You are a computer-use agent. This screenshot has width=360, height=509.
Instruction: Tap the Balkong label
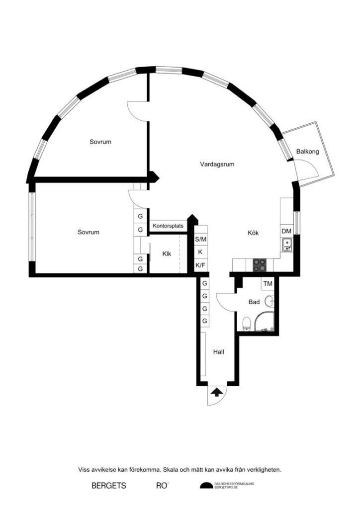click(307, 152)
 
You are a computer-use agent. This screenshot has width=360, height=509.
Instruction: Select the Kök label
click(254, 233)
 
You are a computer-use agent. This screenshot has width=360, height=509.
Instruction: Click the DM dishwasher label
click(286, 232)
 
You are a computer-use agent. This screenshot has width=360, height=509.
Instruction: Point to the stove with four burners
click(260, 264)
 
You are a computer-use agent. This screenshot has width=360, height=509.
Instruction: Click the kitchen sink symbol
click(286, 244)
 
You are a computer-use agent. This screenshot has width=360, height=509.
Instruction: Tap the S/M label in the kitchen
click(200, 239)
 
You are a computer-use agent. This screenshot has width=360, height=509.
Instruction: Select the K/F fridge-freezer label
click(200, 265)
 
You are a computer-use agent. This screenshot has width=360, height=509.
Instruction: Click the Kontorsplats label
click(168, 226)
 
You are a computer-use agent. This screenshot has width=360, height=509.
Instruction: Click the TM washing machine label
click(268, 284)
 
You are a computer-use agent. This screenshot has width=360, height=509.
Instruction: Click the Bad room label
click(254, 302)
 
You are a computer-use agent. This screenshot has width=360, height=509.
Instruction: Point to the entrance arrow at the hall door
click(216, 392)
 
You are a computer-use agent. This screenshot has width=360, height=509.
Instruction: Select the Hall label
click(218, 351)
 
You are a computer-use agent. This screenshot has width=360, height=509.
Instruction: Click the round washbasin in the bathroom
click(270, 301)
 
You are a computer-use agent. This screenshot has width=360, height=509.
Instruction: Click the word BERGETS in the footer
click(109, 485)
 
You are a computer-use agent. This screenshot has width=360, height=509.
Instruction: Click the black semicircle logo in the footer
click(205, 486)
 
